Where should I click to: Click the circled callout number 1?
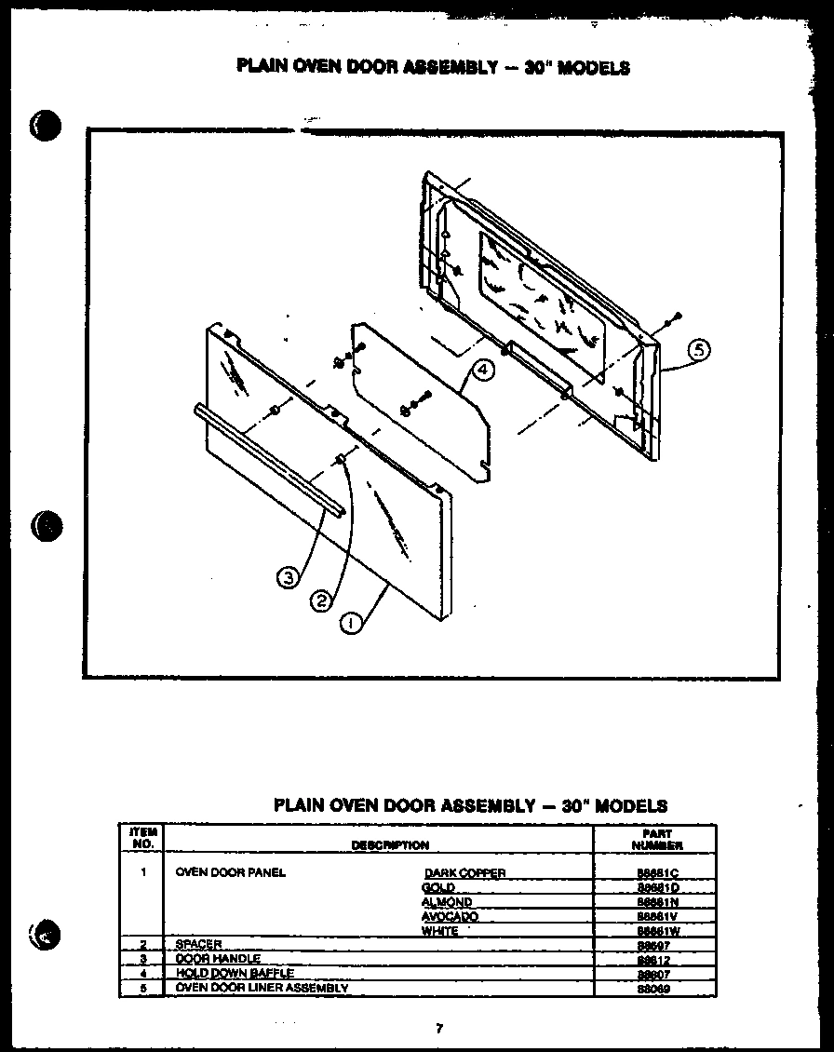351,623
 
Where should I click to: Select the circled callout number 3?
289,578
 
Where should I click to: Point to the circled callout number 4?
481,370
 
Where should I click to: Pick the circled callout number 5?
699,351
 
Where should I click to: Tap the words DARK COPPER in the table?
465,873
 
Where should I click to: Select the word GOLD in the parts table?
437,888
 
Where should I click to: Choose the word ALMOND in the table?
446,902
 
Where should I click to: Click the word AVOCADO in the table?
450,917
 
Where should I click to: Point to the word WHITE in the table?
439,931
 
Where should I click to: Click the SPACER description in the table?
198,945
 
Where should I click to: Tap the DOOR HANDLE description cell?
218,959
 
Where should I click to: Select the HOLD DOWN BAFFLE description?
234,973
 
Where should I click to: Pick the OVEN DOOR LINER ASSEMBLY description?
262,987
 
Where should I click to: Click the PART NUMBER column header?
656,840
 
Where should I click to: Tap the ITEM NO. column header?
142,838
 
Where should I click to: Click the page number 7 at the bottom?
438,1029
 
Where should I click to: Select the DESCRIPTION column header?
390,845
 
